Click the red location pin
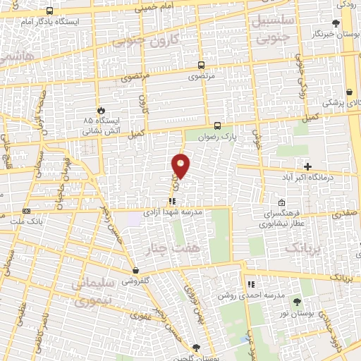181,166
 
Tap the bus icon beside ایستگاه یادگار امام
49,11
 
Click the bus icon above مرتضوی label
202,64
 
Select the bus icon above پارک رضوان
218,126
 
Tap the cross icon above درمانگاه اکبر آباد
307,166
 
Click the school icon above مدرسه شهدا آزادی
173,201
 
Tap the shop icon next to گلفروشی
135,270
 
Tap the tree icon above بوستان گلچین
197,348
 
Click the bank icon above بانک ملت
27,211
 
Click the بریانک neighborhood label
303,247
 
